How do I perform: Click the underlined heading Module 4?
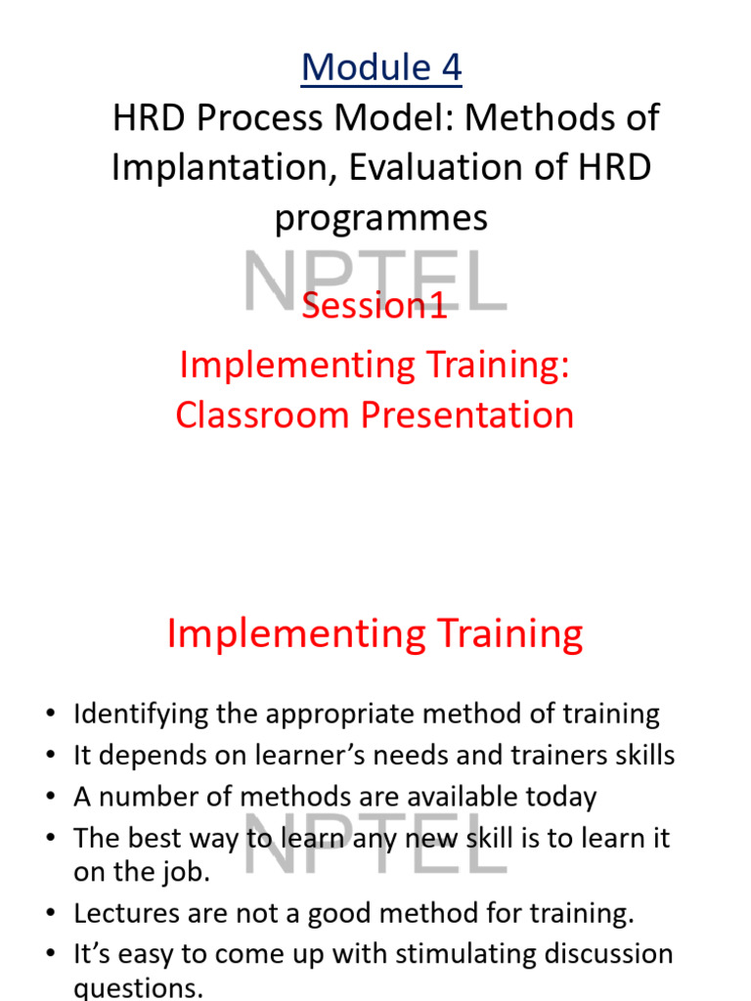coord(381,67)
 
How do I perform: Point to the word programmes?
coord(381,218)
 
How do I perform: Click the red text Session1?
coord(375,306)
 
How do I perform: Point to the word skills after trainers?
coord(635,756)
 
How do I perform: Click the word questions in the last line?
coord(138,988)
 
